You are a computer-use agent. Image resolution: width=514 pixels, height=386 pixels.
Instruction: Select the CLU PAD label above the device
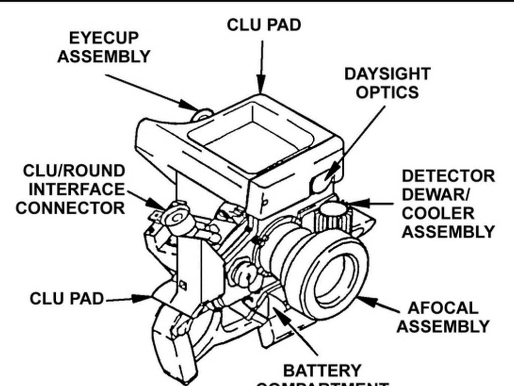(x=264, y=25)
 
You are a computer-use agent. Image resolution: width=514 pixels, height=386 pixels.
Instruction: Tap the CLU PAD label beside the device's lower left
(x=66, y=298)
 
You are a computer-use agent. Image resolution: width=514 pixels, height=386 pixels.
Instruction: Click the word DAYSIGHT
(x=387, y=74)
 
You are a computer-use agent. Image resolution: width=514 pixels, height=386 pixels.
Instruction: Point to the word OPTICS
(x=387, y=92)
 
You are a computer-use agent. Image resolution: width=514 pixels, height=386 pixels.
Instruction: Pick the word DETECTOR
(x=448, y=176)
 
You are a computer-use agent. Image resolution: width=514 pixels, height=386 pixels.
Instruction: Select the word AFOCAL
(x=443, y=308)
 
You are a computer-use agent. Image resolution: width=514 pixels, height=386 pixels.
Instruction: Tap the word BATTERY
(x=322, y=371)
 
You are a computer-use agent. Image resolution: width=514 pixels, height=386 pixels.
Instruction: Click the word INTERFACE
(x=76, y=189)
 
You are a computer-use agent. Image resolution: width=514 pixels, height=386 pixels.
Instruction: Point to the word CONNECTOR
(x=70, y=208)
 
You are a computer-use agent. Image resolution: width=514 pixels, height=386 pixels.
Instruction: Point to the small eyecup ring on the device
(x=203, y=115)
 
